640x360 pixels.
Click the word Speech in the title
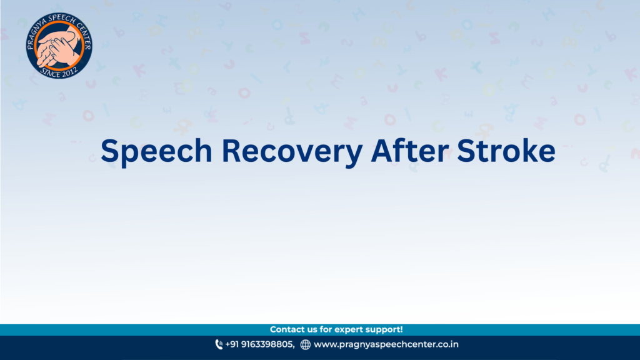point(156,151)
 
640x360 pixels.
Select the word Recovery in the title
point(292,151)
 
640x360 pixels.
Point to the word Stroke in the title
point(506,150)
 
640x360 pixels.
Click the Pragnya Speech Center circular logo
point(59,45)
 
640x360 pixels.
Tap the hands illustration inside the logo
point(58,46)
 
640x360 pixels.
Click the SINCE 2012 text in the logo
point(59,72)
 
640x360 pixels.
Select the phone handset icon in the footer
point(219,344)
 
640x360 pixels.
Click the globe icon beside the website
point(305,344)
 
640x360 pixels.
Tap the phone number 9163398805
point(267,344)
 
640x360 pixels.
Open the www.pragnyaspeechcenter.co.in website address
point(386,344)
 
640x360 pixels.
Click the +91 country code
point(232,344)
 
